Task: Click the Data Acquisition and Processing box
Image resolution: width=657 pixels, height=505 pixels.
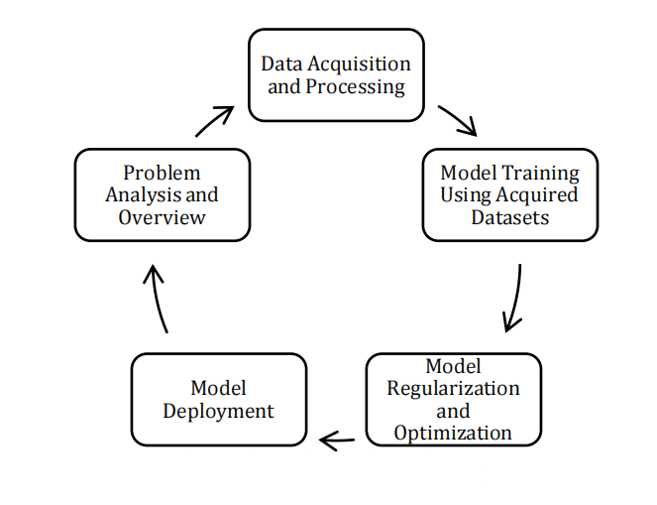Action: click(336, 75)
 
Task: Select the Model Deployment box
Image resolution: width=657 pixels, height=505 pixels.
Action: click(218, 399)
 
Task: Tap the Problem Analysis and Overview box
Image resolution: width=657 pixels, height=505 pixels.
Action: click(162, 194)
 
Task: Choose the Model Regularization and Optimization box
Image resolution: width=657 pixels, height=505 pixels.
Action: click(453, 399)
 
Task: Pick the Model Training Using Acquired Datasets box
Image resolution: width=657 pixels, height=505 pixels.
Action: click(509, 194)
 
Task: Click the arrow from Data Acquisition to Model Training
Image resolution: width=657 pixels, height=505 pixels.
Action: click(457, 120)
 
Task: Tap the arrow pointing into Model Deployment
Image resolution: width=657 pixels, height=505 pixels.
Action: click(337, 440)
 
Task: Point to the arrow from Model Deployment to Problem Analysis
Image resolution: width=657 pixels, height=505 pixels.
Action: click(156, 299)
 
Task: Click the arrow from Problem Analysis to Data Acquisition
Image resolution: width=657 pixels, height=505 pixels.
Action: click(214, 121)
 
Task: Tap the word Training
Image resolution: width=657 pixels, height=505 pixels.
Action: click(537, 172)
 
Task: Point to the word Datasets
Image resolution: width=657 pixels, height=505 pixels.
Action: click(509, 217)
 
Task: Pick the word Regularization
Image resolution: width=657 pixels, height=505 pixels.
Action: click(453, 388)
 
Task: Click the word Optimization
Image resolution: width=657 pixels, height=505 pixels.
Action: click(453, 433)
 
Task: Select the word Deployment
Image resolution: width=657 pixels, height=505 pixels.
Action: click(218, 411)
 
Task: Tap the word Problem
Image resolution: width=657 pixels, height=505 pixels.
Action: click(162, 173)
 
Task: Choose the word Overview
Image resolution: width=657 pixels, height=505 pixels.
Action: click(162, 217)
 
